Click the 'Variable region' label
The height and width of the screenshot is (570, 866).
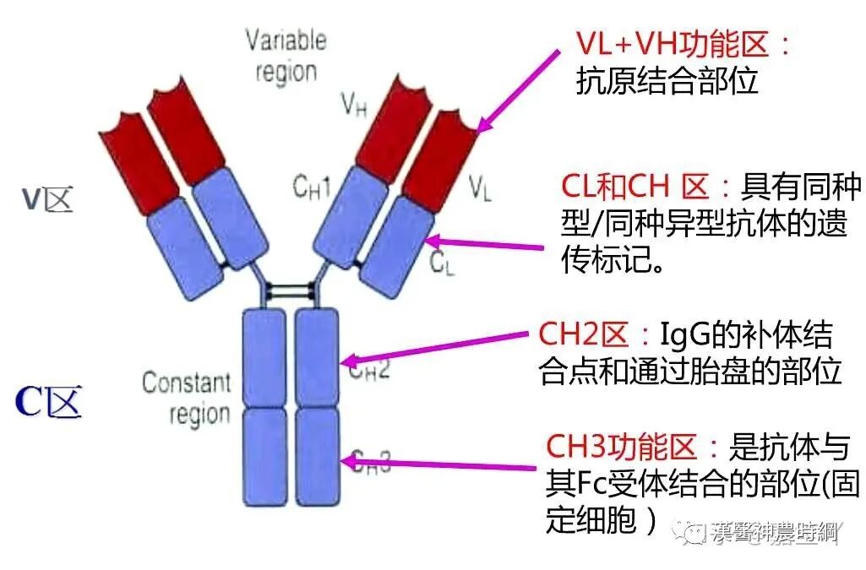coord(286,55)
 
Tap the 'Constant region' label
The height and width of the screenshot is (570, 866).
coord(186,398)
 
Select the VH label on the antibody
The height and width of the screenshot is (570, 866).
coord(353,105)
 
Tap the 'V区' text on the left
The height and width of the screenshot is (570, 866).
coord(46,199)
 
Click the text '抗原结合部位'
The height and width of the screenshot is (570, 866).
coord(667,82)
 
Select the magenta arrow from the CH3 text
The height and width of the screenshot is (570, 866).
coord(439,464)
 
